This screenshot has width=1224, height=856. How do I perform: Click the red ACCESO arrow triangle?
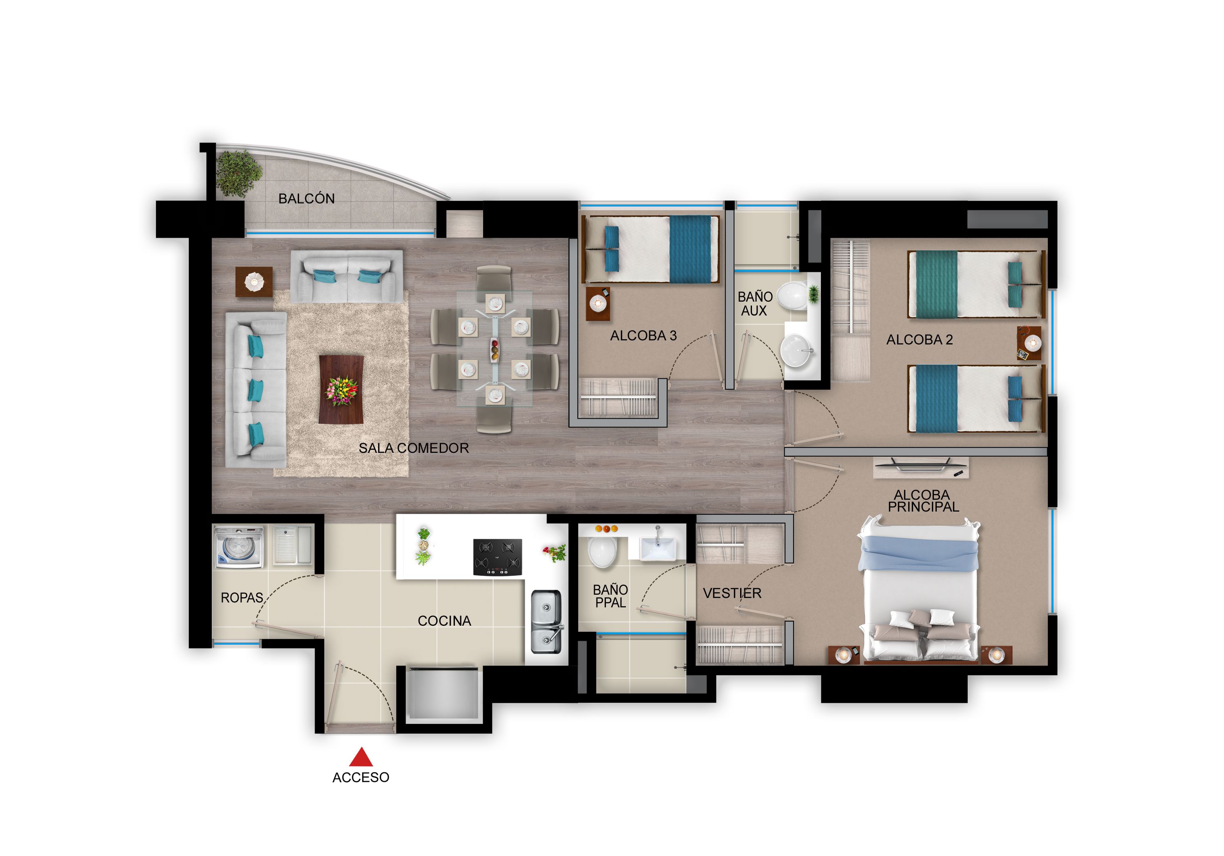coord(361,757)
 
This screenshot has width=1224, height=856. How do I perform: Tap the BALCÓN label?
coord(306,199)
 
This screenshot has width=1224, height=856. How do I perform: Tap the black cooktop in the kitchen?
coord(497,557)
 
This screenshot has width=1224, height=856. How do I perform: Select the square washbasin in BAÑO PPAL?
coord(657,549)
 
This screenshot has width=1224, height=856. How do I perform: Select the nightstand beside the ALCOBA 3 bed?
coord(598,304)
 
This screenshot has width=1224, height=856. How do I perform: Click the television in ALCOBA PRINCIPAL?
coord(921,466)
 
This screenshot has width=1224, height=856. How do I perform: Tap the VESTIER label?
coord(732,593)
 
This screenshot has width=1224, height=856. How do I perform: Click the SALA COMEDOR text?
coord(414,448)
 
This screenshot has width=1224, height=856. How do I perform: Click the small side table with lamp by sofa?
coord(254,282)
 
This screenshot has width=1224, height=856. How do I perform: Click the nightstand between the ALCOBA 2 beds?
coord(1029,344)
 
